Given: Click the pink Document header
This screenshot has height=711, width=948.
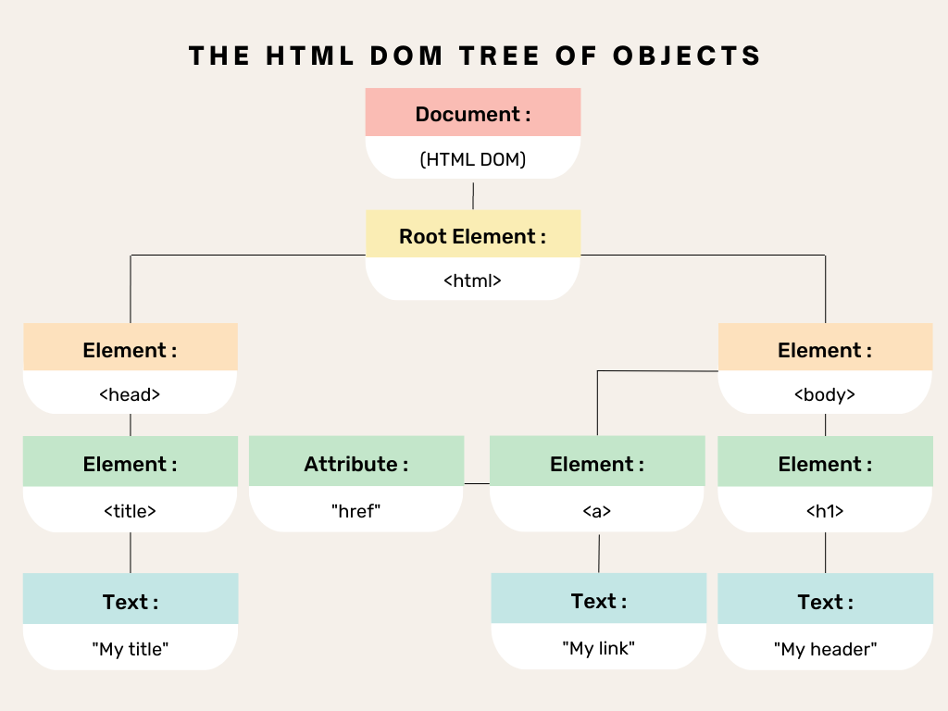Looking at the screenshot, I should pyautogui.click(x=473, y=114).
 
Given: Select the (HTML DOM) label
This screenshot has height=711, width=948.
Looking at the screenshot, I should pyautogui.click(x=473, y=159).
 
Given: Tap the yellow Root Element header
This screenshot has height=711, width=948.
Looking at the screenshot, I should pyautogui.click(x=473, y=235).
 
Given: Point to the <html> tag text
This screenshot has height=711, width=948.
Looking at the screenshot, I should pyautogui.click(x=473, y=281).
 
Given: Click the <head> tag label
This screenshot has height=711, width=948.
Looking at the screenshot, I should pyautogui.click(x=130, y=394).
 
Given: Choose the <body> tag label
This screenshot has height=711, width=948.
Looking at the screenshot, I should pyautogui.click(x=825, y=394).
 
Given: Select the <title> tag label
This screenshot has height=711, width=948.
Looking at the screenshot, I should pyautogui.click(x=130, y=510).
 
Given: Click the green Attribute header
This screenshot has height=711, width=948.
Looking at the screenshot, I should pyautogui.click(x=356, y=464).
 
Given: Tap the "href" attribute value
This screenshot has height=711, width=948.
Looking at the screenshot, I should pyautogui.click(x=356, y=510).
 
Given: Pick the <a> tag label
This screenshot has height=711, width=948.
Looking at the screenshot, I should pyautogui.click(x=596, y=510).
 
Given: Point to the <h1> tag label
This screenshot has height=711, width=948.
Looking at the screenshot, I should pyautogui.click(x=825, y=510).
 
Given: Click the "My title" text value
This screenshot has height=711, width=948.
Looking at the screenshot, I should pyautogui.click(x=130, y=649).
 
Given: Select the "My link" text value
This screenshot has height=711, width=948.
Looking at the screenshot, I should pyautogui.click(x=598, y=648).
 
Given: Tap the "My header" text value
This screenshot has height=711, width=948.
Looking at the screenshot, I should pyautogui.click(x=825, y=649).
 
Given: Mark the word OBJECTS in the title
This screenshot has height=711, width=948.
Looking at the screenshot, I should pyautogui.click(x=687, y=56).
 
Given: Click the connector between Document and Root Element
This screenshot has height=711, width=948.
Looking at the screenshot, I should pyautogui.click(x=473, y=195).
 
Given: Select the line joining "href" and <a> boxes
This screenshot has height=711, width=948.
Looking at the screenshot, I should pyautogui.click(x=477, y=483).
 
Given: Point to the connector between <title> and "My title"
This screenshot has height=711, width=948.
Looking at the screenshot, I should pyautogui.click(x=130, y=553).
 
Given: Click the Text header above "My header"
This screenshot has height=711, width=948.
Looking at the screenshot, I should pyautogui.click(x=825, y=602).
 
